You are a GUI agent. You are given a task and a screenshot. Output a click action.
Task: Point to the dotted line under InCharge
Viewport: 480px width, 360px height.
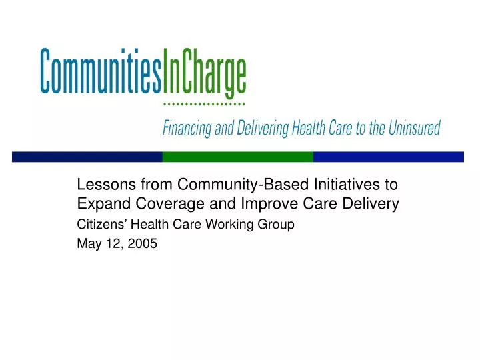pos(204,105)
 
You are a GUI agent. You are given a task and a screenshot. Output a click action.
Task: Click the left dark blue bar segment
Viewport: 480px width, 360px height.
pos(87,157)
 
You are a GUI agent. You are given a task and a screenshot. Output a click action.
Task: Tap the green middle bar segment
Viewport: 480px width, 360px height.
pos(237,157)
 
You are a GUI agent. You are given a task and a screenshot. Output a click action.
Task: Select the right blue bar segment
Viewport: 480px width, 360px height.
pos(388,157)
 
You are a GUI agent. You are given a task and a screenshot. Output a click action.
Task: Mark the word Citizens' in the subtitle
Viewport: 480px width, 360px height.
pos(99,225)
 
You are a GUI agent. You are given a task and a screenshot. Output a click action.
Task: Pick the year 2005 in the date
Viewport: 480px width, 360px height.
pos(143,244)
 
